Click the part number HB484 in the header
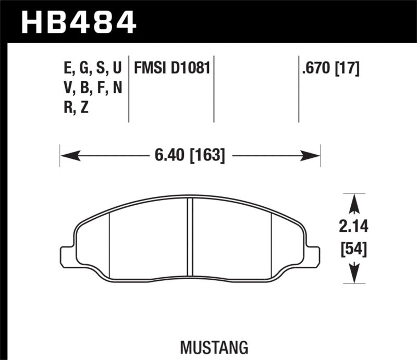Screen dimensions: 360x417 78,22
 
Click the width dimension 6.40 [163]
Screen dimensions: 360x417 190,155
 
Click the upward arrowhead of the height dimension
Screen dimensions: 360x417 354,203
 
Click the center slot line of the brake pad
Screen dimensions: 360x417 190,240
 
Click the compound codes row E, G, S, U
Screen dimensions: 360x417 91,68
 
